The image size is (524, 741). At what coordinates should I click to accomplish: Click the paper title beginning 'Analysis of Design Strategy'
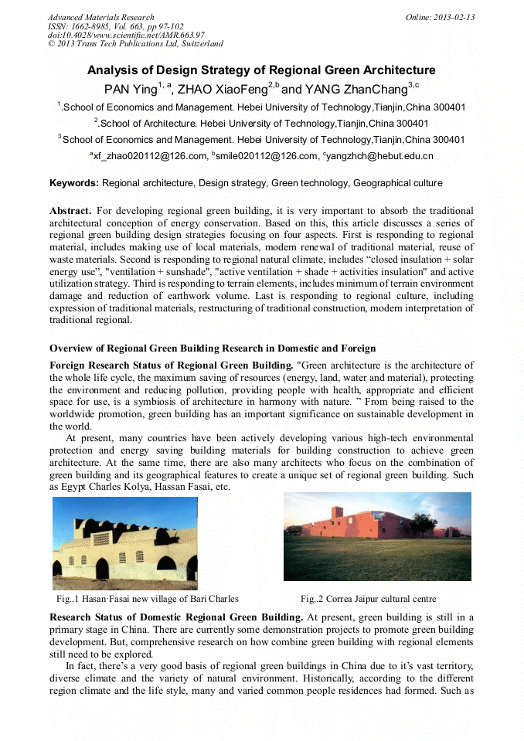pos(261,70)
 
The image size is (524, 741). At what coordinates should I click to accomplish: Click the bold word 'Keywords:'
pos(73,183)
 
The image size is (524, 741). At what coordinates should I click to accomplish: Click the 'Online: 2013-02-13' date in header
pos(440,17)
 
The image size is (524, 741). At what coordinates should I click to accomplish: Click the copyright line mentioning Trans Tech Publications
pos(135,44)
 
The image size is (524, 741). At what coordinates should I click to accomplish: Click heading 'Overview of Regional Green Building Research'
pos(213,348)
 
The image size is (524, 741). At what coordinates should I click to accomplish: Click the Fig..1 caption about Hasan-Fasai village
pos(147,599)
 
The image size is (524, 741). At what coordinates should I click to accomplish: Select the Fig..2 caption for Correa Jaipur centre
pos(369,599)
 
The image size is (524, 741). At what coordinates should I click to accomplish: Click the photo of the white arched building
pos(124,539)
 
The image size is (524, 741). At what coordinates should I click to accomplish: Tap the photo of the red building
pos(377,536)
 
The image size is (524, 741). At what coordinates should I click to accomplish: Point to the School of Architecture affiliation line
pos(261,123)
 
